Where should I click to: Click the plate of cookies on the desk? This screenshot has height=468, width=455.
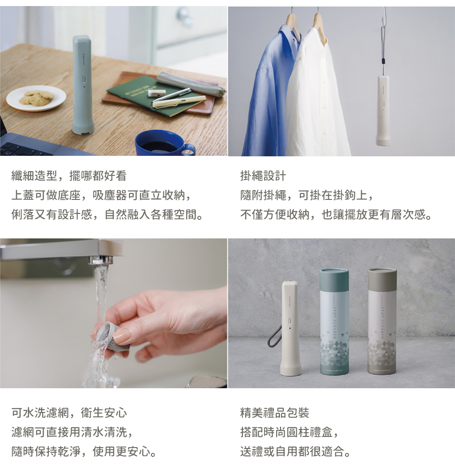coord(36,98)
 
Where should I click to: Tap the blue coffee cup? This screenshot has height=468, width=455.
coord(164,143)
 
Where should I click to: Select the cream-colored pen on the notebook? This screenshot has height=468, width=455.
coord(179,101)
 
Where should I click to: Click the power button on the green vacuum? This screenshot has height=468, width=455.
coord(84,80)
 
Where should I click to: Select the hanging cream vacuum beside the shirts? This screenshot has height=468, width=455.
coord(383,110)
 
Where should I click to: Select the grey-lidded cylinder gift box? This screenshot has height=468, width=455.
coord(383,321)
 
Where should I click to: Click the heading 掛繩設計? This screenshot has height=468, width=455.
coord(263,176)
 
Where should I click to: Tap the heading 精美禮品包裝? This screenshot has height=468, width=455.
coord(274,413)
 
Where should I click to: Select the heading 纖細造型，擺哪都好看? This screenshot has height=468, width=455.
coord(69,176)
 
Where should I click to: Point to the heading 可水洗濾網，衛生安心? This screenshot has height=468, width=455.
coord(69,413)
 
